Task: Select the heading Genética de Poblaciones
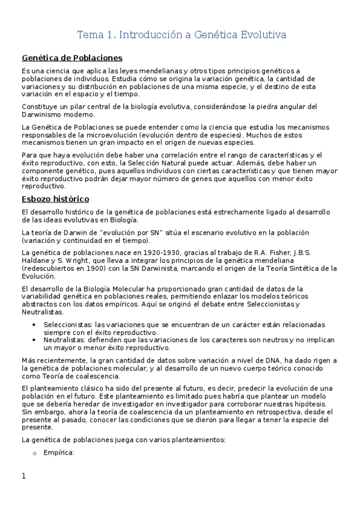[x=72, y=58]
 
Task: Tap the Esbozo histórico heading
[x=55, y=198]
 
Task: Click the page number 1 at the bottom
[x=24, y=476]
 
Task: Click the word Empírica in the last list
[x=58, y=453]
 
